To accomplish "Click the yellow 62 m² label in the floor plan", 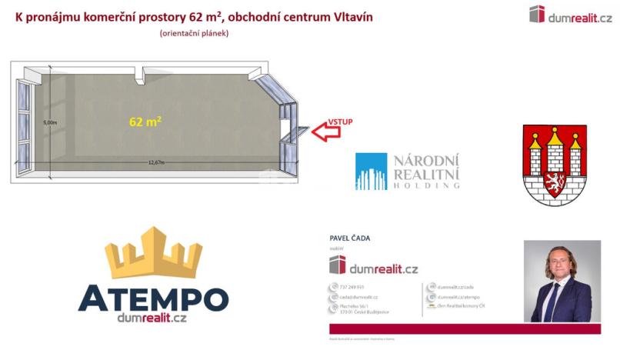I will (x=145, y=121).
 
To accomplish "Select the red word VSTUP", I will (x=339, y=121).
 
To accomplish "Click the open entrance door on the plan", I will (x=296, y=134).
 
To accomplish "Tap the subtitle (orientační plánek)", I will (x=194, y=33).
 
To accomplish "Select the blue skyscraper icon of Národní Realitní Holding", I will (x=371, y=171).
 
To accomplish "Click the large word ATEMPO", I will (x=152, y=298).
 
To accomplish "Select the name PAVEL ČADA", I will (x=349, y=238).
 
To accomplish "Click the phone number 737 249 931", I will (x=351, y=287).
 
